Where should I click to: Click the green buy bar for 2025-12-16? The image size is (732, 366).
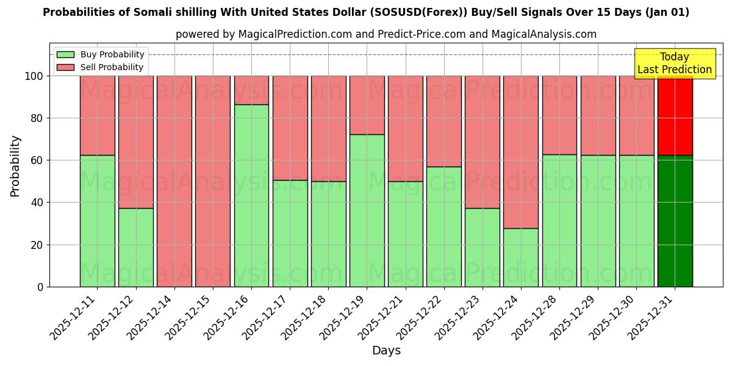click(x=251, y=195)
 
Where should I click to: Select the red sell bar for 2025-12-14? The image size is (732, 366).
click(x=174, y=181)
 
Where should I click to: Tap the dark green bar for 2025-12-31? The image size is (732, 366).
click(x=675, y=221)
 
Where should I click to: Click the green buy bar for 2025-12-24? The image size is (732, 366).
click(x=520, y=257)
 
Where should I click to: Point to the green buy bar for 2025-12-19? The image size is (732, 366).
click(x=367, y=210)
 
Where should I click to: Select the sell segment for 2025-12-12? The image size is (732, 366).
click(x=136, y=142)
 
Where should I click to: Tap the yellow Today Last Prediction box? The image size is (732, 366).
click(x=674, y=63)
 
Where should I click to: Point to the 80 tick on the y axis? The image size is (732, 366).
click(x=38, y=118)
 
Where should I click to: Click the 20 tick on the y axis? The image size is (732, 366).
click(x=38, y=245)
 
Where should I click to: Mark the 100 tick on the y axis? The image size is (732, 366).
click(x=35, y=76)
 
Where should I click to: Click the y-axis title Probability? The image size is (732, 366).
click(x=15, y=166)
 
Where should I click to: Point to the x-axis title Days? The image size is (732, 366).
click(x=386, y=351)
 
